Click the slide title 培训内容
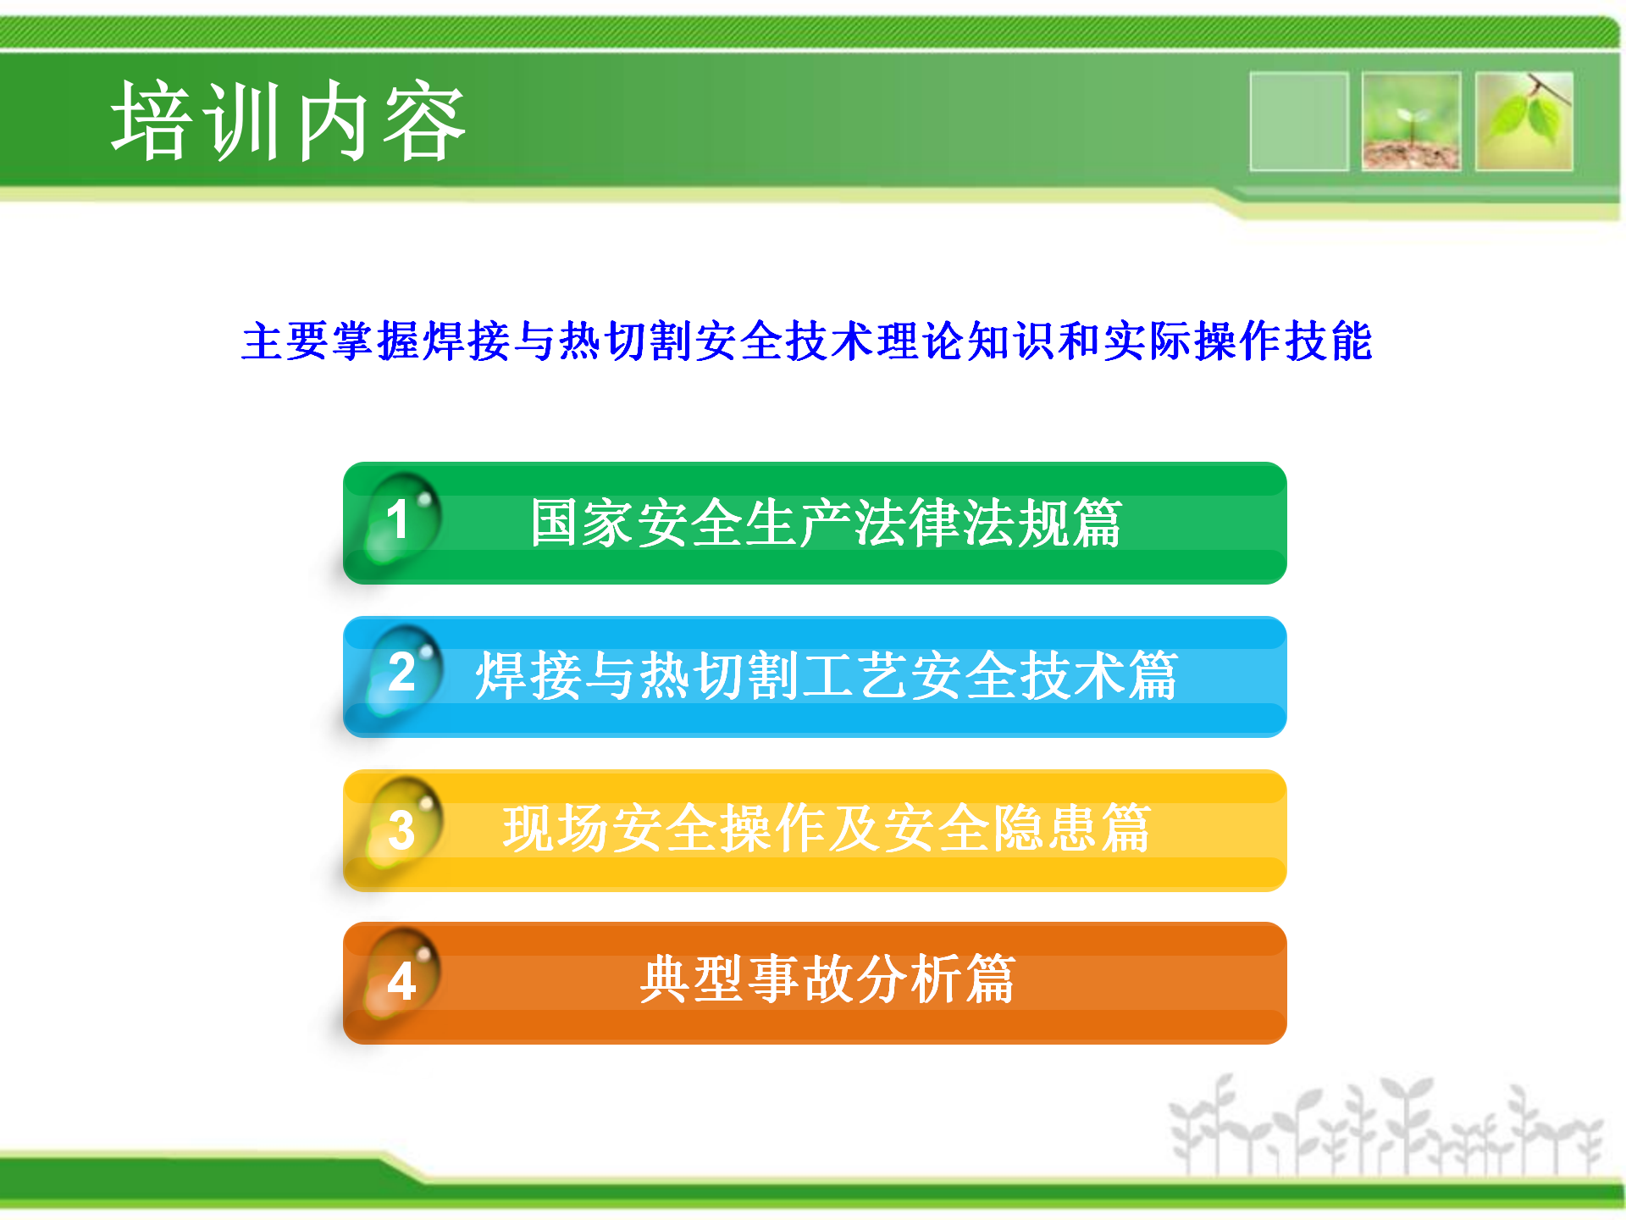pos(289,121)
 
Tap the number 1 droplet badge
pos(402,518)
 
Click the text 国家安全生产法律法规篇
pos(826,523)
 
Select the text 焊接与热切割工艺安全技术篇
pos(826,675)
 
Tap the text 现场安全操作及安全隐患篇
pos(826,828)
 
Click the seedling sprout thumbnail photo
pos(1411,121)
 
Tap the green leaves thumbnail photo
pos(1524,121)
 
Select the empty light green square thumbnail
pos(1299,121)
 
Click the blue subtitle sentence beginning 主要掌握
pos(807,341)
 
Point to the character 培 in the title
pos(152,121)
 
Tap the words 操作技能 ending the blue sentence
pos(1283,341)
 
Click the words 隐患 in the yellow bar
pos(1043,828)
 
